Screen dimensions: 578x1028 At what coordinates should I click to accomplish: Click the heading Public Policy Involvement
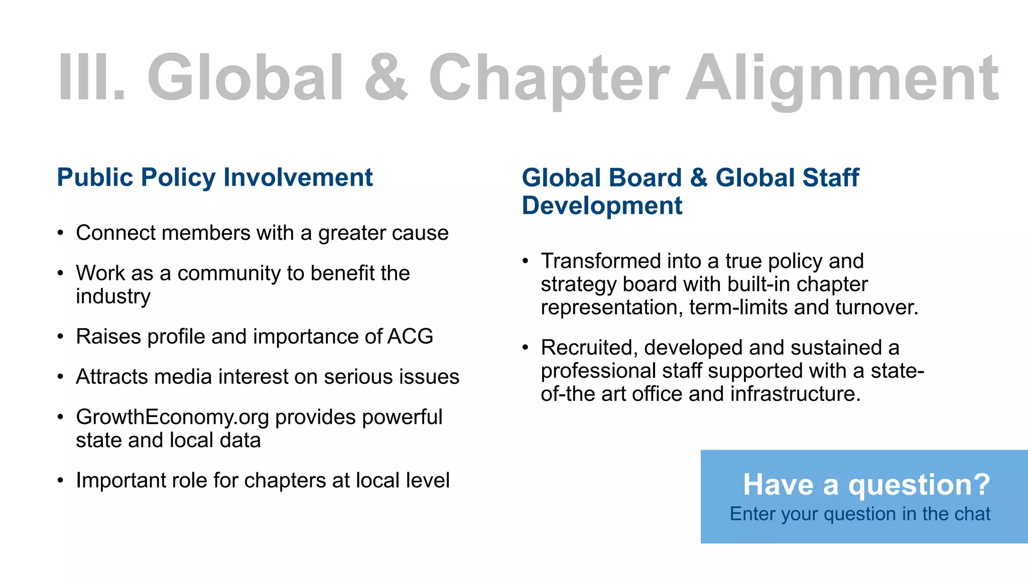point(215,178)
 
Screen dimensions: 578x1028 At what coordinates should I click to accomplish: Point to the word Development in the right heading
point(602,206)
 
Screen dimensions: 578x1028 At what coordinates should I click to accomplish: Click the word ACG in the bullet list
point(410,336)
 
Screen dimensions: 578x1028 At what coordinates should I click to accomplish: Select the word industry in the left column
point(113,297)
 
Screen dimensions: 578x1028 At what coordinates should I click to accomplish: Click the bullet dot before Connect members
point(61,233)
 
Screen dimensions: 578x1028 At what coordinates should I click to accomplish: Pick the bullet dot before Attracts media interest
point(61,377)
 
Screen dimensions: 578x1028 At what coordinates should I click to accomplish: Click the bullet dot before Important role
point(61,481)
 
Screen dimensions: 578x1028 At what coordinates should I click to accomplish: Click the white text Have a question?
point(866,485)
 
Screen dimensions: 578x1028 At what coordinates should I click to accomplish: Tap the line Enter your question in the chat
point(860,514)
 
